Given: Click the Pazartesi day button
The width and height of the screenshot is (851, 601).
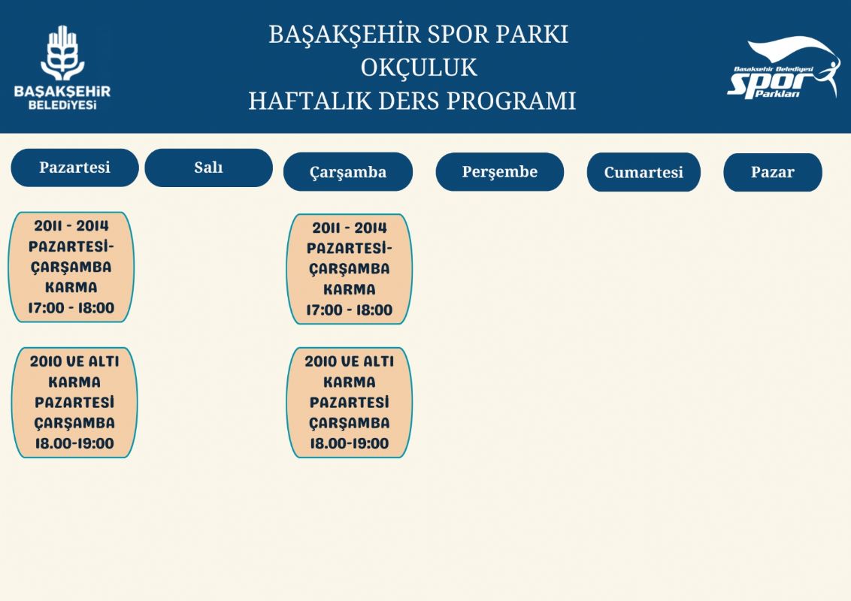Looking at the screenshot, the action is coord(75,168).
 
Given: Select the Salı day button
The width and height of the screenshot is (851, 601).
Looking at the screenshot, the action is coord(209,168).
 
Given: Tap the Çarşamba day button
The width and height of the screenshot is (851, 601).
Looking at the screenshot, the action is coord(348,172).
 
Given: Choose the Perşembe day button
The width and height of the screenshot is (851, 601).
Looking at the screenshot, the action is coord(500,172).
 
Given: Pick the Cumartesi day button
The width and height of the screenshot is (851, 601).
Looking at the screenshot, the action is coord(644,173).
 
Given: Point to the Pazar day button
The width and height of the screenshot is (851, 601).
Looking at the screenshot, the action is coord(773,173).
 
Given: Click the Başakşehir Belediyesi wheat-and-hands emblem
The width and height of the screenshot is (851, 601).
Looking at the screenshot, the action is coord(62,53).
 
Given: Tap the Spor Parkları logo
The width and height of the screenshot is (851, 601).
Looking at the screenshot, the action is coord(783,68).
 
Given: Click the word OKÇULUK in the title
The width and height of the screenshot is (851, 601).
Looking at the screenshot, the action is coord(419,68).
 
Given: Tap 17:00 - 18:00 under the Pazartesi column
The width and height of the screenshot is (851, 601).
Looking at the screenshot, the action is coord(71,308).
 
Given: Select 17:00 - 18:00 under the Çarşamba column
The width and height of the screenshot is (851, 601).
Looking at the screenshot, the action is coord(350,310).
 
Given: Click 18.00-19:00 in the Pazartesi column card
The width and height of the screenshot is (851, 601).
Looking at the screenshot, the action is coord(75,444).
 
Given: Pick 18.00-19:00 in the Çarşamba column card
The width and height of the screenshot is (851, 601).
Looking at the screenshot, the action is coord(350,444).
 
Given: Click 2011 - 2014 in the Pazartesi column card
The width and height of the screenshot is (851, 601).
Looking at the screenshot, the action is coord(71,225).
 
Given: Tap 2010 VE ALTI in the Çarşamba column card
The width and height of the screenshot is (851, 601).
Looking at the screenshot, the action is coord(350,361).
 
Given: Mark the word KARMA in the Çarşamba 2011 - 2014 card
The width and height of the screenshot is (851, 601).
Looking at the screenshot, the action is coord(350,290).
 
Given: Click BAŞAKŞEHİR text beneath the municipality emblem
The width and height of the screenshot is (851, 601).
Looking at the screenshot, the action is coord(62,91).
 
